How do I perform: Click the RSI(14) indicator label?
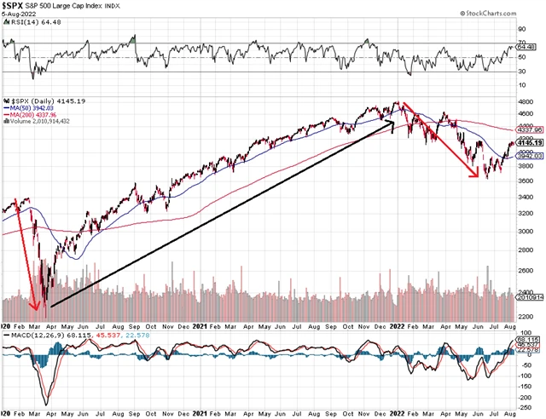point(20,38)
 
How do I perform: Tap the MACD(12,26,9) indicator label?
point(30,335)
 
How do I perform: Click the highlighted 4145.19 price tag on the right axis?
point(531,142)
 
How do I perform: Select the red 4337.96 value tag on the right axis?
point(531,129)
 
